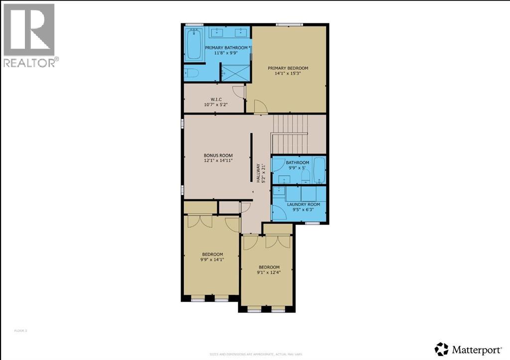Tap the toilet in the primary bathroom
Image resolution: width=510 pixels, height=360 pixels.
tap(192, 74)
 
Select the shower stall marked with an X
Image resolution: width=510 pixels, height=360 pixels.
tap(235, 73)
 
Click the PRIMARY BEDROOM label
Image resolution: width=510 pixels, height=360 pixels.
tap(288, 68)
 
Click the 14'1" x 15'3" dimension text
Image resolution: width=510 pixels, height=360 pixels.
tap(288, 74)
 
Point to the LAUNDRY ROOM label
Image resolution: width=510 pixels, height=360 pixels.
tap(303, 204)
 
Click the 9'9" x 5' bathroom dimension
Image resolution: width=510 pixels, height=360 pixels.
tap(297, 168)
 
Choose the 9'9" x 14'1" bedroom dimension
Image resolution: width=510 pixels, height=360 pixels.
tap(212, 259)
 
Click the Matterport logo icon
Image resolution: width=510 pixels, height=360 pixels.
tap(441, 348)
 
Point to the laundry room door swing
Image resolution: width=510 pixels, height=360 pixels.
tap(279, 213)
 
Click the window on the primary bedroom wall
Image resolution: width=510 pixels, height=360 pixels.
tap(289, 24)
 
